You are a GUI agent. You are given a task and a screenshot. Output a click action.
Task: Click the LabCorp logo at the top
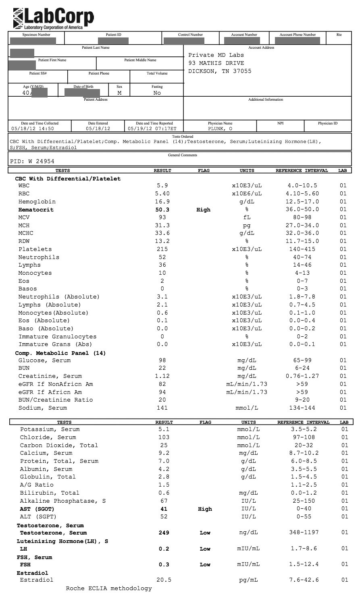click(53, 18)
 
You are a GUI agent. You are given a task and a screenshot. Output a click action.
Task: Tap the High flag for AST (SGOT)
click(205, 509)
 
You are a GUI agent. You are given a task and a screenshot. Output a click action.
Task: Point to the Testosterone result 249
click(164, 533)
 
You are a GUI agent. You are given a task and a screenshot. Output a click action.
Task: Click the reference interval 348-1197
click(304, 533)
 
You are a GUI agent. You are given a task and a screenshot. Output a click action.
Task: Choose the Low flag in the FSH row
click(205, 564)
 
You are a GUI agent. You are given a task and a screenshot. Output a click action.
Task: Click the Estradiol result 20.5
click(164, 580)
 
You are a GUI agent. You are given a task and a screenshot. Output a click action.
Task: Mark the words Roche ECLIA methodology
click(109, 589)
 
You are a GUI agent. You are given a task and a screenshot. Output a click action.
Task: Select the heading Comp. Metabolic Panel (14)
click(60, 353)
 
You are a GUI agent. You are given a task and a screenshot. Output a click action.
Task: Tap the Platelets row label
click(35, 249)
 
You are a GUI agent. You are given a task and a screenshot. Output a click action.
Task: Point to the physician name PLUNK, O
click(220, 129)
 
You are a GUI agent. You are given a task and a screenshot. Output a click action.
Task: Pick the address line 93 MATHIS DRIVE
click(216, 63)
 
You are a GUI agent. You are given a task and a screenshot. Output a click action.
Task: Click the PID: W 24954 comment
click(32, 162)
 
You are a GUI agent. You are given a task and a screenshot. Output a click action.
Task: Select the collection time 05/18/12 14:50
click(33, 129)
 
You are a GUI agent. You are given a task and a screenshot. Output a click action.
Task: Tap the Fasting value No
click(157, 93)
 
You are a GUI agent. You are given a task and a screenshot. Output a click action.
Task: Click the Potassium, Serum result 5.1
click(164, 429)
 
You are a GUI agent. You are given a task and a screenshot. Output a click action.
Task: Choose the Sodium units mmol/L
click(247, 408)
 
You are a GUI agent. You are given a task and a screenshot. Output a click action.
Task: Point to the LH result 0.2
click(164, 549)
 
